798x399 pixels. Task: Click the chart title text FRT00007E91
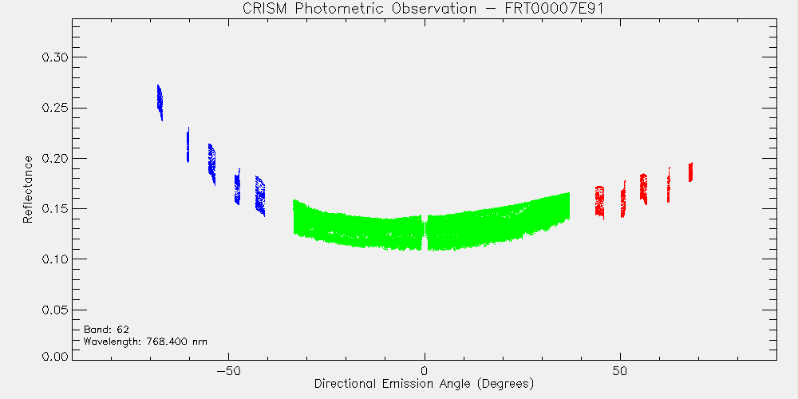(x=557, y=10)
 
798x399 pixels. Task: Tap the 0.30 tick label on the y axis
(x=54, y=57)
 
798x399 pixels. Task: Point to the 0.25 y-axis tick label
(x=54, y=108)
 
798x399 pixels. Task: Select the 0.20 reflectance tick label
(x=54, y=158)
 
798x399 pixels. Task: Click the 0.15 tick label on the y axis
(x=54, y=208)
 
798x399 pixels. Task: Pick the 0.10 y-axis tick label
(x=54, y=259)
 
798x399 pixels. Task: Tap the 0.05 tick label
(x=54, y=310)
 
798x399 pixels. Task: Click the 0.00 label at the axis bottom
(x=54, y=356)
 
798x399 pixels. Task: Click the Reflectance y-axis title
(x=27, y=189)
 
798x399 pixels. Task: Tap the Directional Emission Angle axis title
(x=424, y=383)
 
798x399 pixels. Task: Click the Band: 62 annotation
(x=103, y=330)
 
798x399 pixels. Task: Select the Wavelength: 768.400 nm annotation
(x=145, y=342)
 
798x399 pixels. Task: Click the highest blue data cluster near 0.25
(x=160, y=103)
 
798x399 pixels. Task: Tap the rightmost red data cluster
(x=690, y=172)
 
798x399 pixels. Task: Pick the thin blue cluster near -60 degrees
(x=188, y=145)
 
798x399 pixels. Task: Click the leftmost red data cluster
(x=599, y=202)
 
